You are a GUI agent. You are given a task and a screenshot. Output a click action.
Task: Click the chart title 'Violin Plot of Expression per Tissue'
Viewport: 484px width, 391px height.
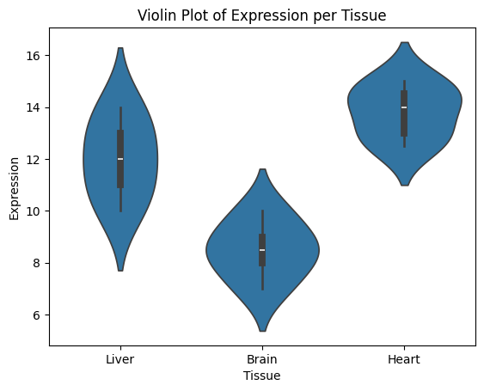point(261,15)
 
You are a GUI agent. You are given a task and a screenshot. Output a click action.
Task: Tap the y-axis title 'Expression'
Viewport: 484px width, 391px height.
point(15,188)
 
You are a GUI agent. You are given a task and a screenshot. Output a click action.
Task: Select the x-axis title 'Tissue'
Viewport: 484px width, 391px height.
point(261,376)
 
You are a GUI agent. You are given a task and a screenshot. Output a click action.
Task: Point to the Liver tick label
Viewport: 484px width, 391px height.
point(120,359)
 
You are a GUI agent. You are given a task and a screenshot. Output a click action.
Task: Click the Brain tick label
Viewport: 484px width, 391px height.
point(262,359)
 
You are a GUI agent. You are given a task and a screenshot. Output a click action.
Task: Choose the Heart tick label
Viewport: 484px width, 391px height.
point(404,359)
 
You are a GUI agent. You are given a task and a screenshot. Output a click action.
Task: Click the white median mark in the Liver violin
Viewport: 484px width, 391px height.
point(120,159)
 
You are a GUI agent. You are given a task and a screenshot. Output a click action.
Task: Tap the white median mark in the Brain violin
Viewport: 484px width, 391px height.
point(262,250)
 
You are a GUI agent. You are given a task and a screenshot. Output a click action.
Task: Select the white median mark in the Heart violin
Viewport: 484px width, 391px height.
point(404,107)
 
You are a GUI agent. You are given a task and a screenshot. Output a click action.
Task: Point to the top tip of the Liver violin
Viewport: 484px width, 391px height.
point(120,48)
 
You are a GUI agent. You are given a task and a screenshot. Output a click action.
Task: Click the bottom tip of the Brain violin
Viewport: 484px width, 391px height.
point(263,331)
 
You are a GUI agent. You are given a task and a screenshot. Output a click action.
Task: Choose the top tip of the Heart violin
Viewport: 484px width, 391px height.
point(405,42)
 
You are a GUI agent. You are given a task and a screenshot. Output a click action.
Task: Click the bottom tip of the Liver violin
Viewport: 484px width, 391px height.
point(120,271)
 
